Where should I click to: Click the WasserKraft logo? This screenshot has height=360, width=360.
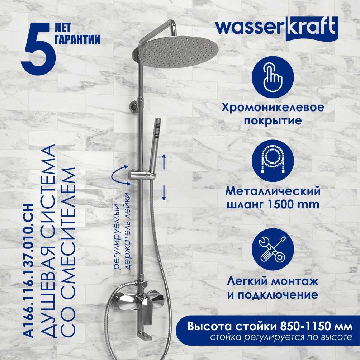coord(276,28)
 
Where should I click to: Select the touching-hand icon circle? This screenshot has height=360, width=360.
coord(273,77)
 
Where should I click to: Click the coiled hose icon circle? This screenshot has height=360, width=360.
coord(273,161)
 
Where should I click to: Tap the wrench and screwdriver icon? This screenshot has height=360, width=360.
coord(273,249)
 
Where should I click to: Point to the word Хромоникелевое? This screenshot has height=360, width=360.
coord(273,108)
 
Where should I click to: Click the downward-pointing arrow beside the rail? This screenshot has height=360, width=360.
coord(164,193)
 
